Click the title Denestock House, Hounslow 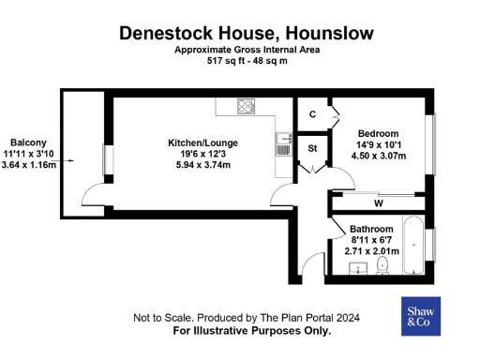click(246, 33)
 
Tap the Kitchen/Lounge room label click(202, 142)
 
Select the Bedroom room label click(378, 133)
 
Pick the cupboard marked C click(312, 114)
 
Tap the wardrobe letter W click(379, 202)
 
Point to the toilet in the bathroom click(382, 268)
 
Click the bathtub click(412, 246)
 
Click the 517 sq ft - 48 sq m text click(246, 62)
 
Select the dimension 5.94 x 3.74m click(202, 165)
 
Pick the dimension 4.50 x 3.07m click(378, 156)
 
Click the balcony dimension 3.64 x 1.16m click(28, 164)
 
